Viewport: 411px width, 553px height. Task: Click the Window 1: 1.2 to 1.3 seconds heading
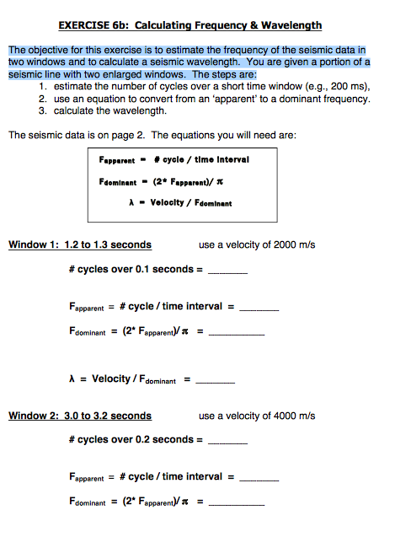(80, 245)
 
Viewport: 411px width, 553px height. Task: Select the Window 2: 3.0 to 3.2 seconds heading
(80, 416)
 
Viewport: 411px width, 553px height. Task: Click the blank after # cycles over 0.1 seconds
(227, 271)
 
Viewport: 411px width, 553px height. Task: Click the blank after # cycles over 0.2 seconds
(227, 441)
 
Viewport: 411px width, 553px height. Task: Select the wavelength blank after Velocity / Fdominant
(215, 381)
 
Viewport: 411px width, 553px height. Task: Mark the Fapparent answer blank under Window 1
(259, 309)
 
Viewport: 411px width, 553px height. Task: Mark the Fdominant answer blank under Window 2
(236, 503)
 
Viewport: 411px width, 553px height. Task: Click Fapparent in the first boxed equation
(115, 159)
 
